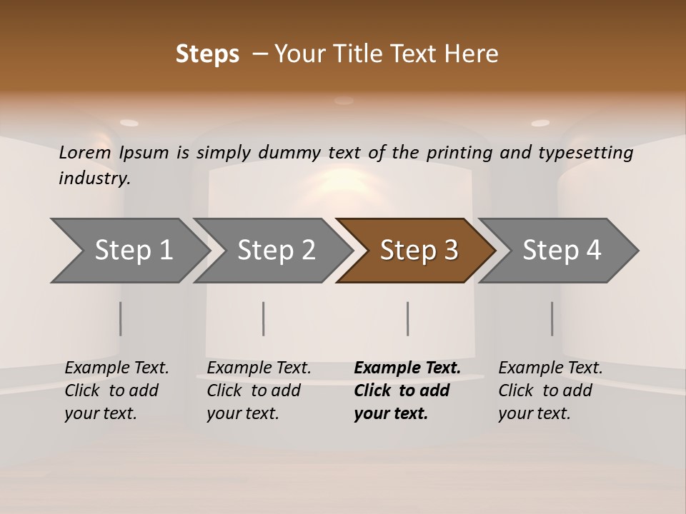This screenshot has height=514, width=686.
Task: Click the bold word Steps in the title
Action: tap(207, 54)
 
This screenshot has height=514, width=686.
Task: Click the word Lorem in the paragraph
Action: tap(85, 152)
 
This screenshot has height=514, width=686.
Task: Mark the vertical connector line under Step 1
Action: tap(121, 318)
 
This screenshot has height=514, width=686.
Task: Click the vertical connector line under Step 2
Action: tap(264, 318)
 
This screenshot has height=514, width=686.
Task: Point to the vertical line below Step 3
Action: tap(407, 318)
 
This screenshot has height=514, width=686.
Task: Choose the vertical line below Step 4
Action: tap(552, 318)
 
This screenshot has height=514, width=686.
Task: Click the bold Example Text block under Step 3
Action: tap(407, 390)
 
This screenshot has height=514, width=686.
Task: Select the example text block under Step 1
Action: tap(116, 390)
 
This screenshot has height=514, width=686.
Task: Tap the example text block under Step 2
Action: tap(259, 390)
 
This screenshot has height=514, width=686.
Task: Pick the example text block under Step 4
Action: tap(550, 390)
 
